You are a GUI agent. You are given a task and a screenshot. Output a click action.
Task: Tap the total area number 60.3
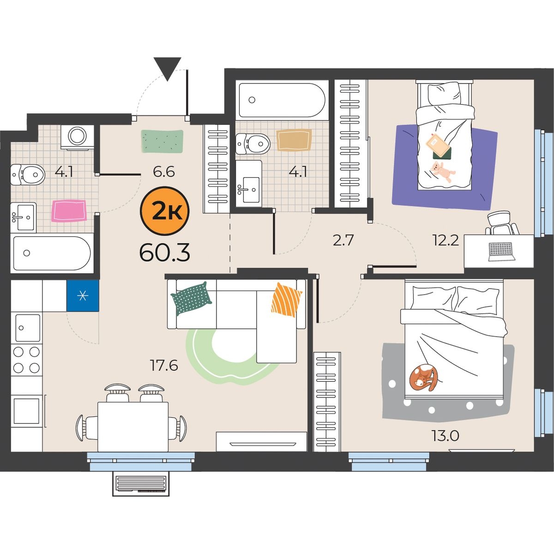(164, 253)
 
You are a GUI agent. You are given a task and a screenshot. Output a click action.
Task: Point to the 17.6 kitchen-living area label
(164, 365)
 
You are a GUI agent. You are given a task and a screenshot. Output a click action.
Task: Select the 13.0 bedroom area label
(446, 435)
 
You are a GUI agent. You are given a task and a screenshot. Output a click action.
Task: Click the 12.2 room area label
(446, 240)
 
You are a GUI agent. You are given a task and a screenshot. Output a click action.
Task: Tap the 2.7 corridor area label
(343, 240)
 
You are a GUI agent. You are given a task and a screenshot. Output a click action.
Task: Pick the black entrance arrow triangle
(167, 69)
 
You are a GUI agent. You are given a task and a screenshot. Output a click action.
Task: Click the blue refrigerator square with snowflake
(83, 295)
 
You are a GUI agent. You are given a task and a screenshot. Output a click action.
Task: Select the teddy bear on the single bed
(442, 172)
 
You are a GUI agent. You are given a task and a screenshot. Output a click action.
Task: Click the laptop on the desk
(500, 252)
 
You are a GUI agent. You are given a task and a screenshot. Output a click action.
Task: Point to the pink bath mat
(69, 211)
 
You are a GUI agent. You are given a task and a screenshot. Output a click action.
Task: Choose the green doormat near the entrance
(162, 141)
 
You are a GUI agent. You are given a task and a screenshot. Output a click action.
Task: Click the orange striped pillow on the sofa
(286, 300)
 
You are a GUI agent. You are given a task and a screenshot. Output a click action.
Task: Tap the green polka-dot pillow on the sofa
(191, 298)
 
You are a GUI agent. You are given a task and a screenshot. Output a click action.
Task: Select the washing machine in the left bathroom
(78, 138)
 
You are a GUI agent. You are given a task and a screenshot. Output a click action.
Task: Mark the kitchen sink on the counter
(28, 328)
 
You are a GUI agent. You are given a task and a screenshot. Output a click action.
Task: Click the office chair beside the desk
(502, 223)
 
